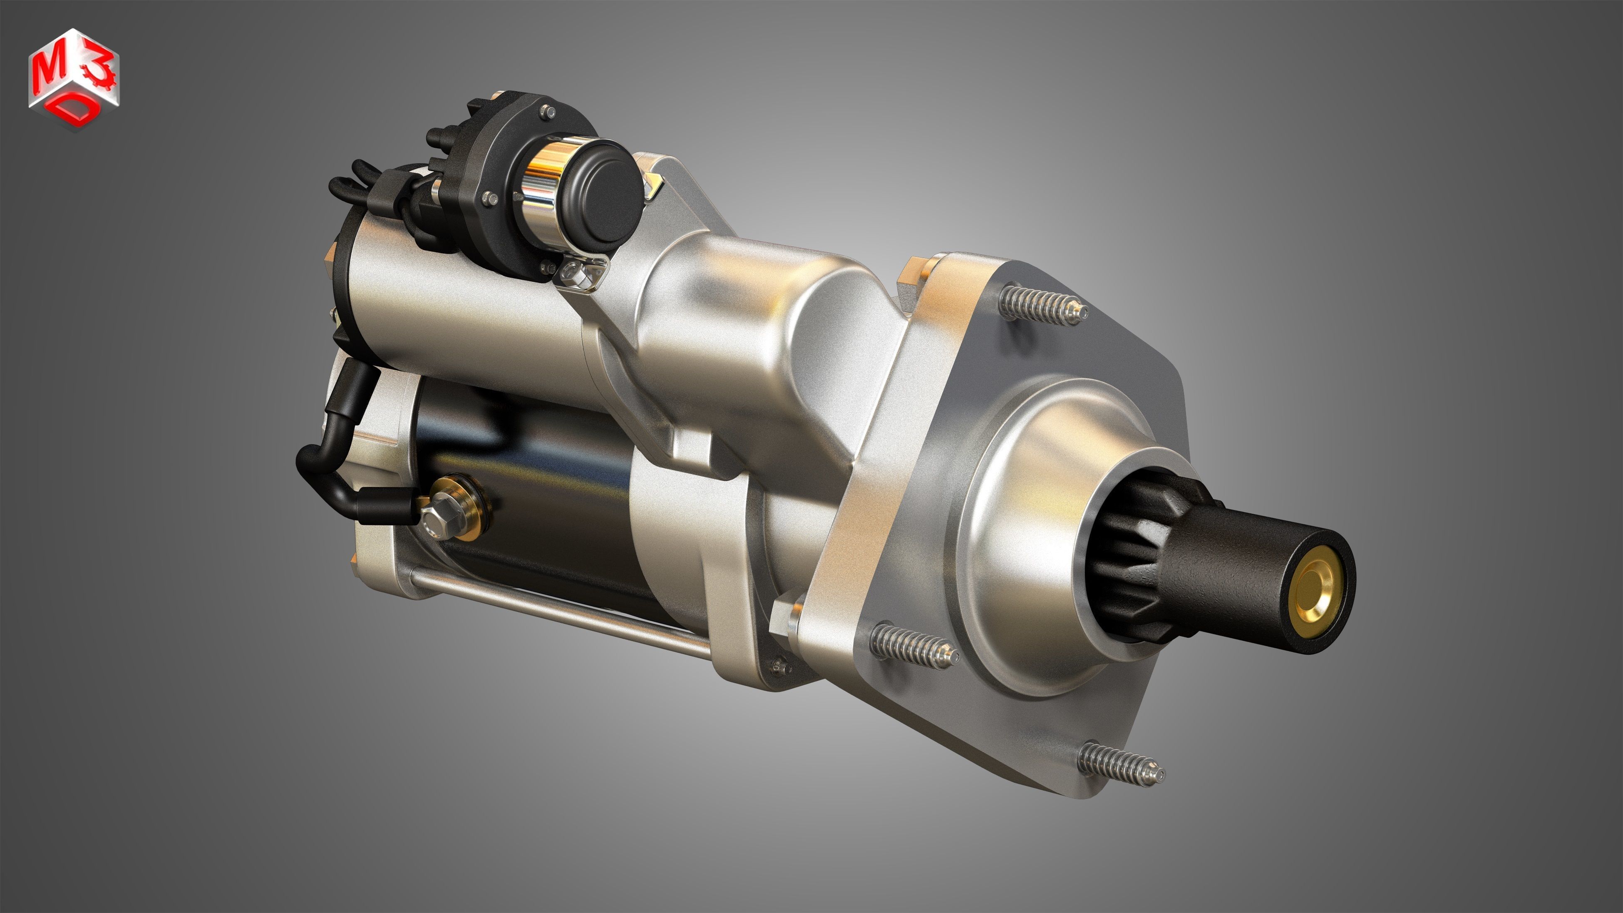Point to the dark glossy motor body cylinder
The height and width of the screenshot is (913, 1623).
point(536,491)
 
